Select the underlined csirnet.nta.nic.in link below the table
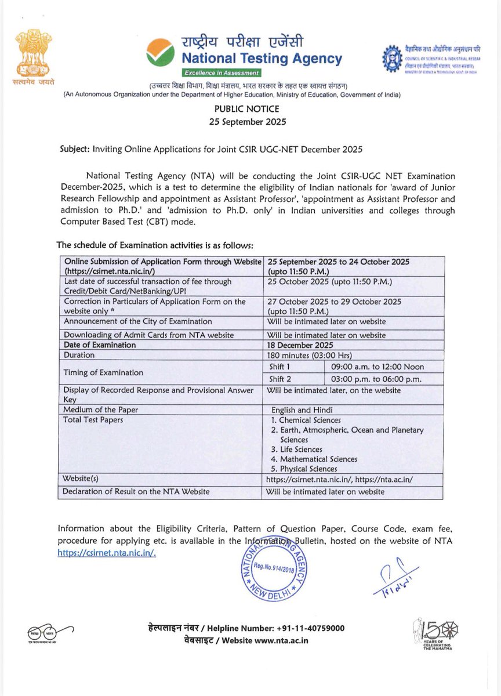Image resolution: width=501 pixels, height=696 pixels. coord(107,553)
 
